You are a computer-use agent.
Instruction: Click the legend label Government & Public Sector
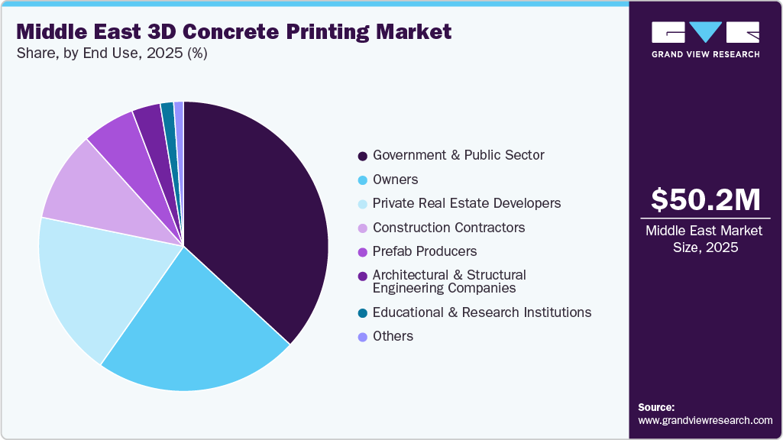point(458,155)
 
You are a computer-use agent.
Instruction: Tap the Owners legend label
point(395,180)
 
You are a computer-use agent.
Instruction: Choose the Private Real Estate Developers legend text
point(466,203)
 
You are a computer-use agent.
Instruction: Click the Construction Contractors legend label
point(448,228)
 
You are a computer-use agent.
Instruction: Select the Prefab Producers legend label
point(424,251)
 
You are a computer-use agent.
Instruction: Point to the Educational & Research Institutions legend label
point(481,312)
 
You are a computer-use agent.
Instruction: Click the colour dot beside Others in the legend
point(362,337)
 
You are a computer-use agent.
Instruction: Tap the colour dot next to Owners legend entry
point(362,180)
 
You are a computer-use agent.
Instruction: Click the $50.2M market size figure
point(705,200)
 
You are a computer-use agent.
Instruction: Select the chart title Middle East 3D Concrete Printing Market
point(234,31)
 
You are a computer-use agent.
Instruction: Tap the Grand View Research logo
point(705,39)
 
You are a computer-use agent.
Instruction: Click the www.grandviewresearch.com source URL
point(705,420)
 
